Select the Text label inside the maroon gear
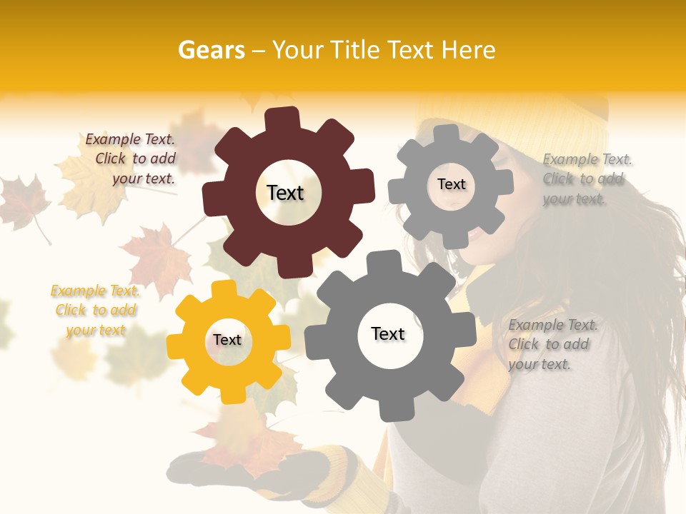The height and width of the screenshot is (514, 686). (x=285, y=193)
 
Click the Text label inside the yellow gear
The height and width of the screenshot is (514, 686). (x=227, y=341)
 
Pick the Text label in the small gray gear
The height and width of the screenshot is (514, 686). (x=451, y=184)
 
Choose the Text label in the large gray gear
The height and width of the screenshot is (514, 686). (x=388, y=334)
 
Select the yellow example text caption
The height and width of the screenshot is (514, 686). (x=96, y=311)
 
